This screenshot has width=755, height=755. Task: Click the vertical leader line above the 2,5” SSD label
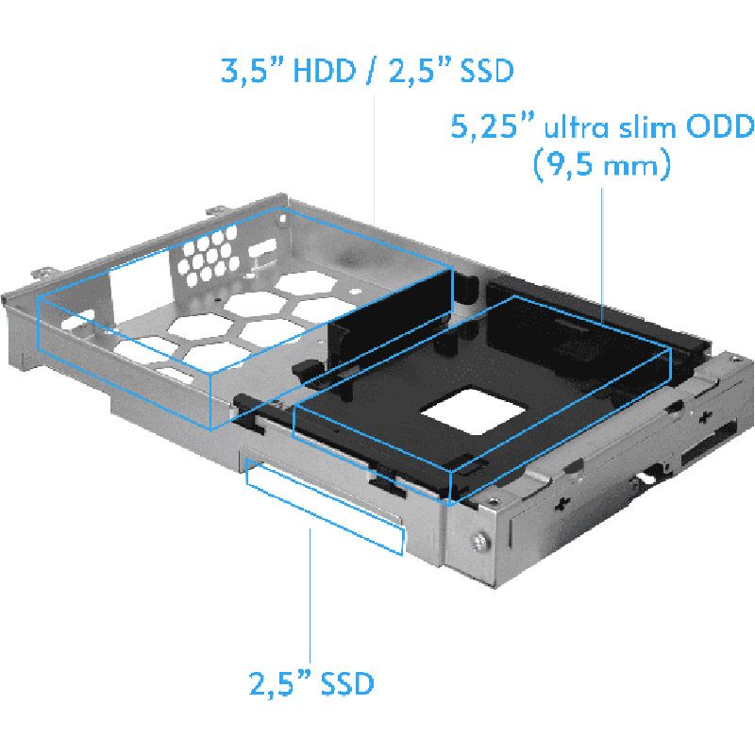(310, 595)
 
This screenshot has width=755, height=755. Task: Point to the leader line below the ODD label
(602, 245)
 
